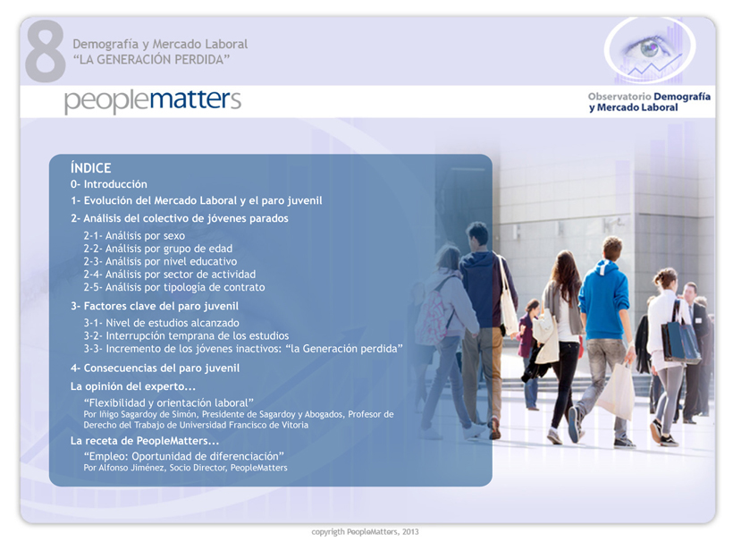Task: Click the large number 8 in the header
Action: [x=46, y=51]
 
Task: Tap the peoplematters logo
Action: [x=152, y=100]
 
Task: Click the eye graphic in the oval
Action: [x=647, y=48]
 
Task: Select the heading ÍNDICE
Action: [x=90, y=168]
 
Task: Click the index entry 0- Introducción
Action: [x=109, y=184]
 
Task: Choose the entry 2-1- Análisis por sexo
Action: [x=134, y=236]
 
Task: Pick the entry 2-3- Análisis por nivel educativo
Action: [x=160, y=261]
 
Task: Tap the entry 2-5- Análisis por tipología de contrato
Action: [x=174, y=287]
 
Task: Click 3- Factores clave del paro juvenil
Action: [x=155, y=307]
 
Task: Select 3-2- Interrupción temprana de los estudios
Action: [x=186, y=335]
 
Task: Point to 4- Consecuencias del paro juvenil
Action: [x=155, y=368]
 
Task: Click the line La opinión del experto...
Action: [x=133, y=386]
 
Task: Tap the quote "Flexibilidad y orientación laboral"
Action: [x=169, y=402]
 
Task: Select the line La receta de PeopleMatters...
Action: [x=145, y=441]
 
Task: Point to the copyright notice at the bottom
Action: [x=365, y=532]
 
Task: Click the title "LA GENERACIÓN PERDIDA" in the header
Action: [x=151, y=60]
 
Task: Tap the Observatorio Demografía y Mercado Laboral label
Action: [x=649, y=102]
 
